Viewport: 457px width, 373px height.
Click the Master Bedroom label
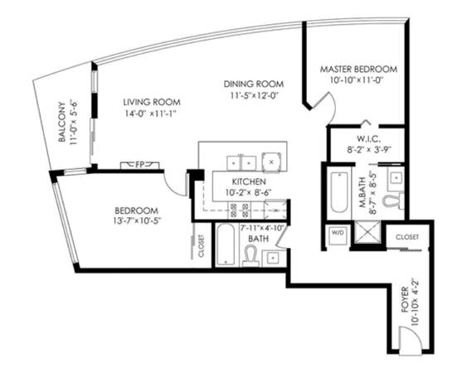point(358,70)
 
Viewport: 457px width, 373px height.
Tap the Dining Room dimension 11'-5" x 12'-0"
point(255,95)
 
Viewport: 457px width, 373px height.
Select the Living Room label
point(152,102)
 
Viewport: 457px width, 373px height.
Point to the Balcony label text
point(61,122)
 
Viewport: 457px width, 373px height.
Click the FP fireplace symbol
point(140,165)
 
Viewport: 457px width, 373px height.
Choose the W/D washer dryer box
point(338,235)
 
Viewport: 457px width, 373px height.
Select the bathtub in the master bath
point(339,192)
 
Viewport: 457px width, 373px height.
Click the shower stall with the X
point(367,232)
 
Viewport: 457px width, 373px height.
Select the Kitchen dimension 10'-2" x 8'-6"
point(249,192)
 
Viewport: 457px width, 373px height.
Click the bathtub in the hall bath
point(226,245)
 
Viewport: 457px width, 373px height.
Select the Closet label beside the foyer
point(407,237)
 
